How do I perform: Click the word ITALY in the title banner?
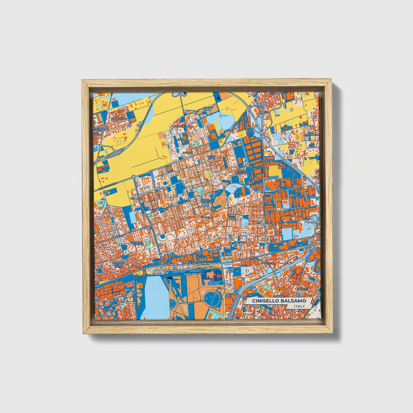[299, 306]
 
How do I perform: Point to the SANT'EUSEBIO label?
[185, 126]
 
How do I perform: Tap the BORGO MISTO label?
[212, 157]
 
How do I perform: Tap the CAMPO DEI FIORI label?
[138, 243]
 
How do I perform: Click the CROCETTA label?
[269, 263]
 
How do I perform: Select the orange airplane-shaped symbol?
[212, 276]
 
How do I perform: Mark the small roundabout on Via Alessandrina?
[133, 177]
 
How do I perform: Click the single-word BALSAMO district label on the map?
[241, 242]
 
